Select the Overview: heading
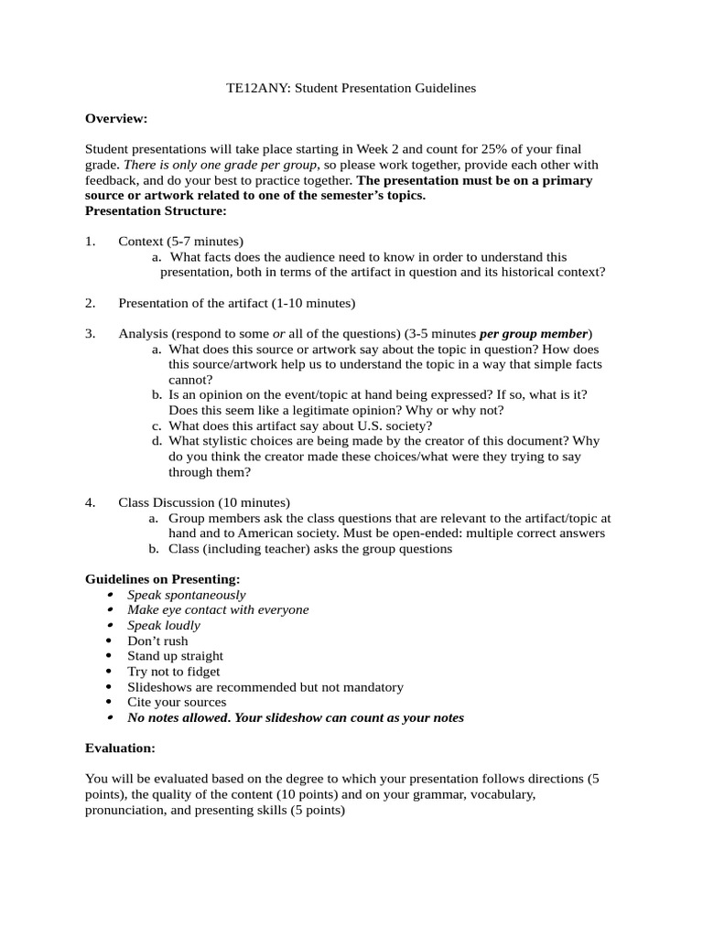point(116,118)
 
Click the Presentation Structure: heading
point(156,211)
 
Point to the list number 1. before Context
point(90,242)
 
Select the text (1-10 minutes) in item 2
point(313,303)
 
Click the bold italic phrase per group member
point(535,334)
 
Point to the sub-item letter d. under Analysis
point(157,442)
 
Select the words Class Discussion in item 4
point(166,503)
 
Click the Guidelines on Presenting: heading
point(162,579)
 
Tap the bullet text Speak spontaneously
point(187,595)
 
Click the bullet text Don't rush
point(157,641)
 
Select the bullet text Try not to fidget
point(174,672)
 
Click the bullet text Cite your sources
point(177,703)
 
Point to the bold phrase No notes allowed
point(178,718)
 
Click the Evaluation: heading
point(120,749)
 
